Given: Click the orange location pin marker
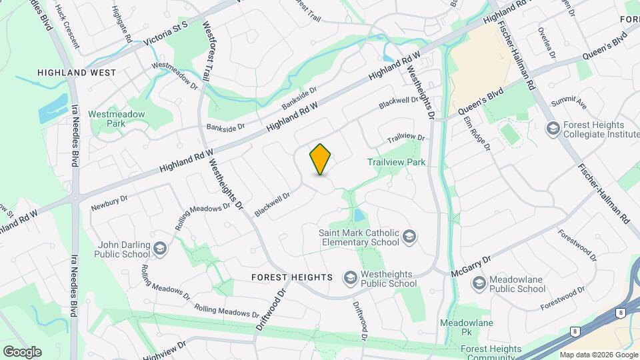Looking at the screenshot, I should click(x=321, y=159).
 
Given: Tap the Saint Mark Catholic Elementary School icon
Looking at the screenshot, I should click(x=409, y=237).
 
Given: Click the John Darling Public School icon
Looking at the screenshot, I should click(x=159, y=249).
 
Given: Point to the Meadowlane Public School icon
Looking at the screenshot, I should click(x=479, y=283).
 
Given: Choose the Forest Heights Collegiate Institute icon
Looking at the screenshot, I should click(x=552, y=128).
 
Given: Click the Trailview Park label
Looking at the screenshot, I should click(x=396, y=162).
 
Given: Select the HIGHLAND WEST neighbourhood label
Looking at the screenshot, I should click(x=77, y=72).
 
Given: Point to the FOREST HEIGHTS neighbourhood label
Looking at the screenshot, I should click(x=292, y=277).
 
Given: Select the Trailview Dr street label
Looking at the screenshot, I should click(x=406, y=138).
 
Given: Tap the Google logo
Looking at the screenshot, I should click(x=22, y=351).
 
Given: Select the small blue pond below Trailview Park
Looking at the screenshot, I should click(x=358, y=215).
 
